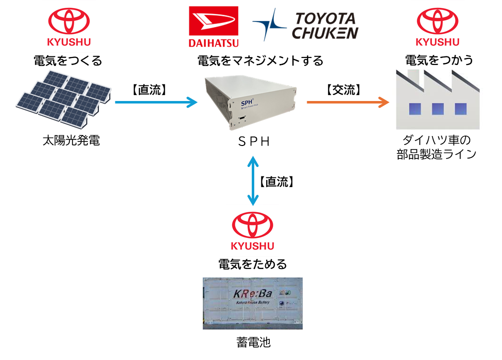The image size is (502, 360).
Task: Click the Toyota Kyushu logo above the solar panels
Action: click(69, 26)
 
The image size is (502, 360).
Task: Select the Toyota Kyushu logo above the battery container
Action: click(252, 230)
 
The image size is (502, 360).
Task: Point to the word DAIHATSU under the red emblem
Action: click(213, 43)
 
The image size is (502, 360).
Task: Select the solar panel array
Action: click(63, 97)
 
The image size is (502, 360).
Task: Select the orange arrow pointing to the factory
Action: click(347, 102)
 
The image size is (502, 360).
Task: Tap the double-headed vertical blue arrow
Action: click(253, 180)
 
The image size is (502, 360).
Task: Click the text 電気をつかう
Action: click(439, 60)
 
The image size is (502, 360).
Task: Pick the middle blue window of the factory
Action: click(438, 108)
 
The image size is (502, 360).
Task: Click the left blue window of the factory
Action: click(415, 108)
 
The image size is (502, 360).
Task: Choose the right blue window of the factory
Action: click(461, 108)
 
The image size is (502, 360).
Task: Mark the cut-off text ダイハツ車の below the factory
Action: click(436, 138)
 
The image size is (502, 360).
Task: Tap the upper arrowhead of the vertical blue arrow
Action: click(253, 161)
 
